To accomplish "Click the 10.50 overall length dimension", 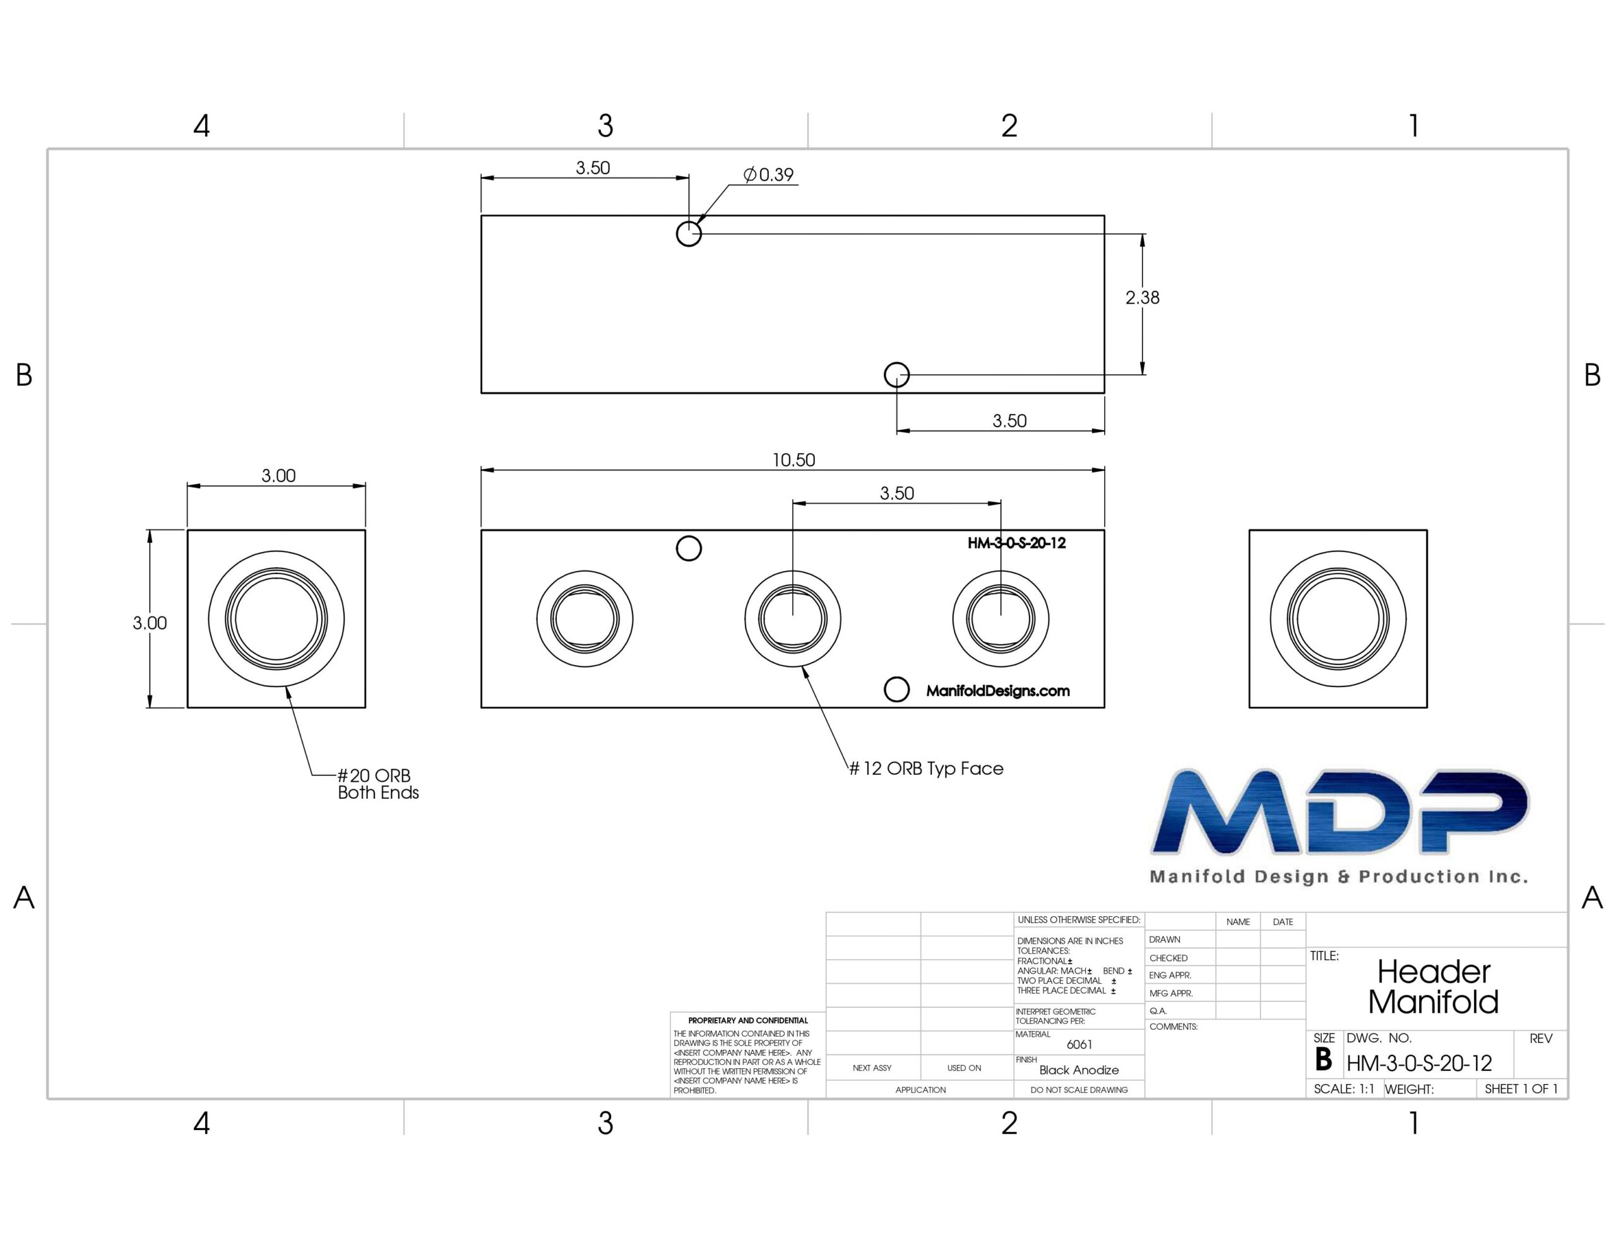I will click(x=793, y=460).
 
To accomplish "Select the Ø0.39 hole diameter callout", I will click(x=769, y=175).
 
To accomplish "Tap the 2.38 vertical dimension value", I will click(x=1142, y=297).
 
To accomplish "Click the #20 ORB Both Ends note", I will click(x=378, y=784).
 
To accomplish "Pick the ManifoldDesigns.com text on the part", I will click(x=997, y=691).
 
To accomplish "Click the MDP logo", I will click(x=1340, y=813).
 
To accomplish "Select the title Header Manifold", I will click(x=1433, y=987).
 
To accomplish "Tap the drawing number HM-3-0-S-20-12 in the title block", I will click(x=1418, y=1064).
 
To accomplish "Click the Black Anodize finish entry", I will click(x=1079, y=1069).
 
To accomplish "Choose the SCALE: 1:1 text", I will click(x=1344, y=1089).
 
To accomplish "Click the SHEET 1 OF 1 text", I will click(x=1521, y=1089).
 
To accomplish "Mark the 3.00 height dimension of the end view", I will click(x=150, y=623).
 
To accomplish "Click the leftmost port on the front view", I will click(x=585, y=618).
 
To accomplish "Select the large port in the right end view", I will click(x=1338, y=618).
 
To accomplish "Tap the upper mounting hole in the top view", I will click(x=689, y=234).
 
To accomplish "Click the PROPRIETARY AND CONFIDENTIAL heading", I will click(x=748, y=1020).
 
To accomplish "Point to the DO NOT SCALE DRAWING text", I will click(x=1079, y=1090).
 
